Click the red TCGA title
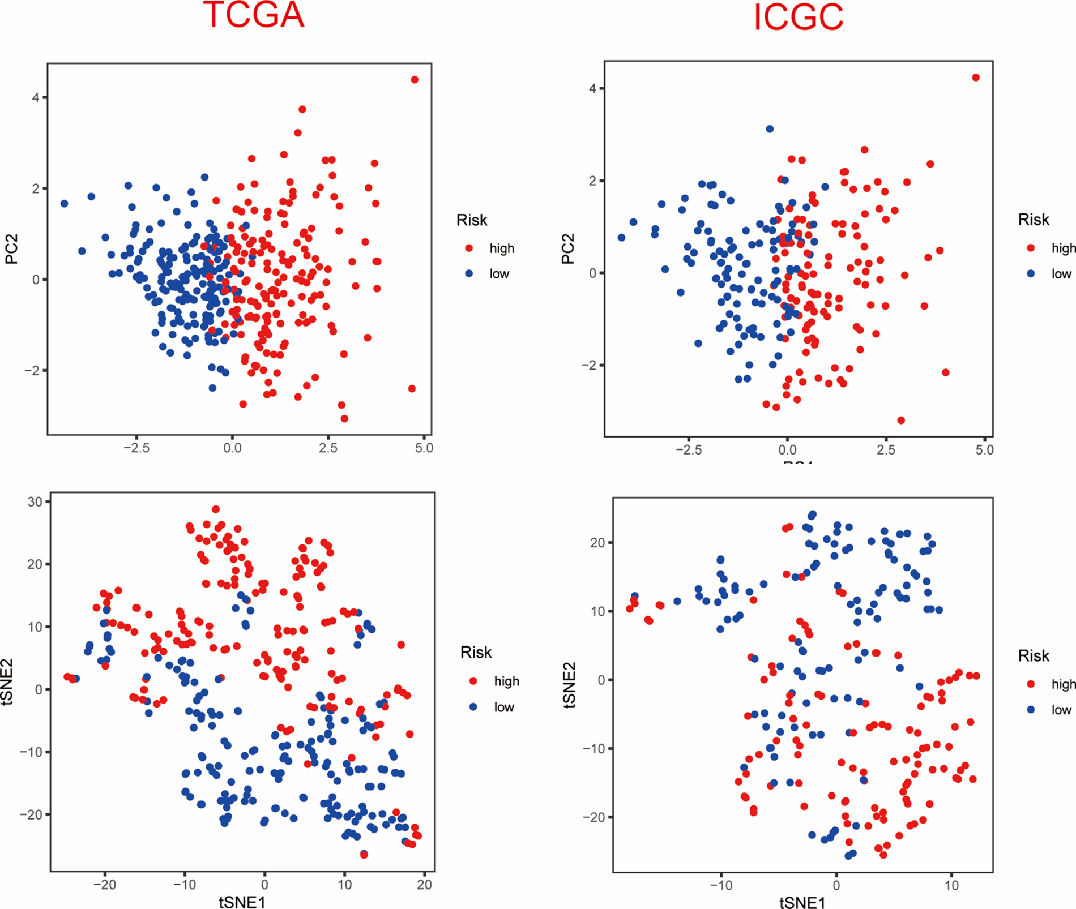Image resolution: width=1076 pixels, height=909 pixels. pos(253,15)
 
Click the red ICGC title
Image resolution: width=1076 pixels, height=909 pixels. pos(798,17)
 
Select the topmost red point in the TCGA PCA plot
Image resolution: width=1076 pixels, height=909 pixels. pos(415,80)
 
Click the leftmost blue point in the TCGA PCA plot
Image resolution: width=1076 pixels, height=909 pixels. pos(65,204)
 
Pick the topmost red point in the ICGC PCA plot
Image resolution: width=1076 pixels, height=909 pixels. pos(976,78)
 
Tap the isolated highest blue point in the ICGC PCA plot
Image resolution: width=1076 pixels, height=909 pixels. pos(770,129)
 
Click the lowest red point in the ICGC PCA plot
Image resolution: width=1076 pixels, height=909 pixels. pos(901,420)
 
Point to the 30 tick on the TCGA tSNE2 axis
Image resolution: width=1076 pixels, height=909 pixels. pos(35,502)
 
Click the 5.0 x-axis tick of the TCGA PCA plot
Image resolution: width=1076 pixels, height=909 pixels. pos(424,448)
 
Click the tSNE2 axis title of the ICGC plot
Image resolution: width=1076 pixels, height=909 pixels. pos(569,685)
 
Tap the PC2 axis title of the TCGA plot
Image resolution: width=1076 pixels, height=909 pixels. pos(12,249)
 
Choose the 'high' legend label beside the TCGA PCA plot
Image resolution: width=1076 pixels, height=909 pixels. pos(502,248)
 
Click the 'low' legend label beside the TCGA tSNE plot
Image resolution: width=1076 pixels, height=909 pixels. pos(504,707)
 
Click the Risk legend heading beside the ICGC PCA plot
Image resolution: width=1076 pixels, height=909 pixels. pos(1034,220)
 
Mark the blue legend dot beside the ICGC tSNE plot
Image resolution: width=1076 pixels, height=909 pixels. pos(1031,709)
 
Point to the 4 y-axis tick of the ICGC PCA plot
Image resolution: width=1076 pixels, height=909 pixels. pos(592,88)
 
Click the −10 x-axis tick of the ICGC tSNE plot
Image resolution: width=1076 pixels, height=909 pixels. pos(720,885)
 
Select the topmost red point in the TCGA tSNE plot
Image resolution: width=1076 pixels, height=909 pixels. pos(216,509)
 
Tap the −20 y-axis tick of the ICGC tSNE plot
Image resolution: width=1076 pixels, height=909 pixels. pos(594,817)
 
